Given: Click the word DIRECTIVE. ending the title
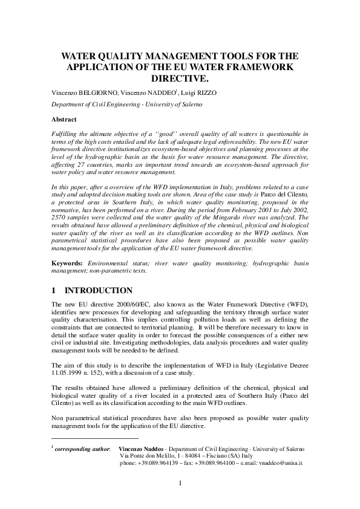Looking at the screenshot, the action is (x=180, y=79).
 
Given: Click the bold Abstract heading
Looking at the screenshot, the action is (x=64, y=120).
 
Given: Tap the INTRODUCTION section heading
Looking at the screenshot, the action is (x=99, y=291).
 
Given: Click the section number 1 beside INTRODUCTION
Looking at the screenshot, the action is (x=54, y=291).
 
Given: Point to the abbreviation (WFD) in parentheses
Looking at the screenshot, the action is (x=295, y=303).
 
